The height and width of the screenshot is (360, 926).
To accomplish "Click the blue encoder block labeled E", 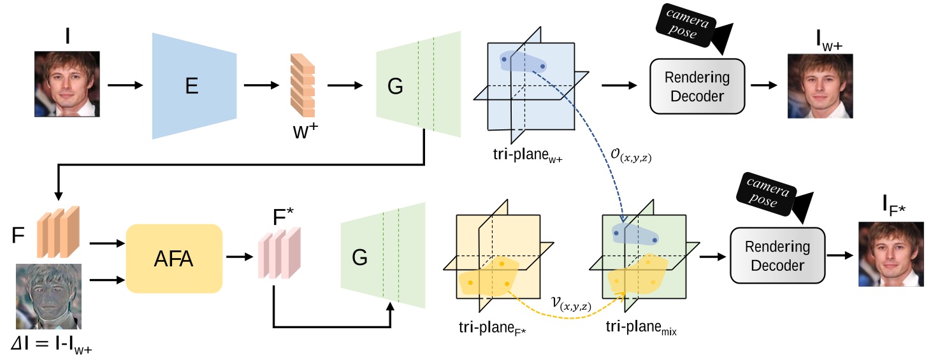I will [x=191, y=85].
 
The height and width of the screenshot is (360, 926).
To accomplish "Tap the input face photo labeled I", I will [x=67, y=83].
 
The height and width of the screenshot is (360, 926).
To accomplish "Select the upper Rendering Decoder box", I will [x=697, y=85].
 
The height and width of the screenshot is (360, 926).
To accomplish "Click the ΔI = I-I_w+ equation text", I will [x=55, y=347].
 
